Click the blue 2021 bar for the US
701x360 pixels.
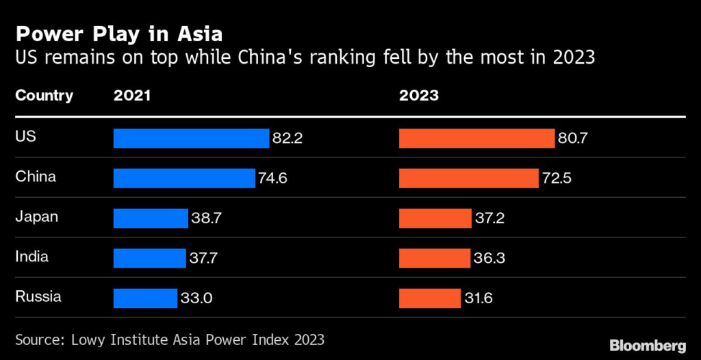(191, 138)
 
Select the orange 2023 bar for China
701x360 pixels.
(469, 179)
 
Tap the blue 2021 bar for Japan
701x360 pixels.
(151, 218)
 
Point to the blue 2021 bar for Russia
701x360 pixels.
(145, 298)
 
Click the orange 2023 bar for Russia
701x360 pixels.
(430, 298)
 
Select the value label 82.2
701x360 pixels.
(288, 139)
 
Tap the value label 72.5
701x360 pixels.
(557, 179)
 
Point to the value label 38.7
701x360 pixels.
(206, 218)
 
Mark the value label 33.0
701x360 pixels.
(196, 298)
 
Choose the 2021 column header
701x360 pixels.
(132, 96)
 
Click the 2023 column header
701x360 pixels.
(419, 96)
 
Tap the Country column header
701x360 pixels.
(44, 96)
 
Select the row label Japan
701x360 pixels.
(36, 217)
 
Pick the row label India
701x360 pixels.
(32, 257)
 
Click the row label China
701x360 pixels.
(36, 177)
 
